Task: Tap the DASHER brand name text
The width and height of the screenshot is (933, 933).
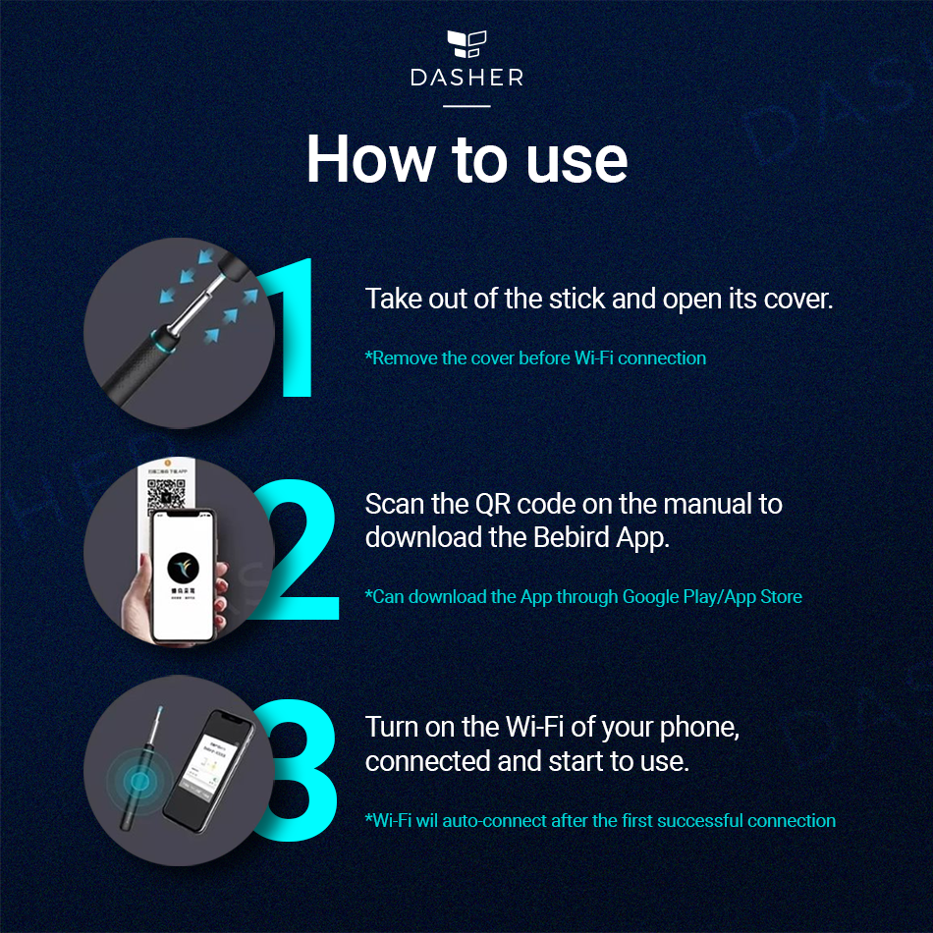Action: click(x=466, y=78)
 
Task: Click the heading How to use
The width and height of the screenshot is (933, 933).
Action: click(x=466, y=158)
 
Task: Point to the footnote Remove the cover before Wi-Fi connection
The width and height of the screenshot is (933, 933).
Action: click(x=535, y=358)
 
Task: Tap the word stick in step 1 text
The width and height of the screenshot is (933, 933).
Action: click(x=573, y=299)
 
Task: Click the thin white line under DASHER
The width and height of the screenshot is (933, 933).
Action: click(x=466, y=105)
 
